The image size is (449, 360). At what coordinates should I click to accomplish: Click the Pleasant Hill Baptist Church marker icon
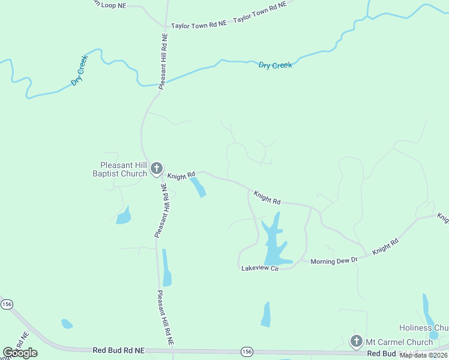point(157,169)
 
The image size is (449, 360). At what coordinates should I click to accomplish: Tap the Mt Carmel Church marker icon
point(356,342)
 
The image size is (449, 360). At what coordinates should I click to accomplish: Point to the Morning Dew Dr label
point(334,260)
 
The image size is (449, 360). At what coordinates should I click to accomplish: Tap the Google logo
point(20,353)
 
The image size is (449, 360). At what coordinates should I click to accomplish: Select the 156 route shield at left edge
point(7,305)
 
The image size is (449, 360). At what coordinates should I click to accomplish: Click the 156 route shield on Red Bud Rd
point(247,350)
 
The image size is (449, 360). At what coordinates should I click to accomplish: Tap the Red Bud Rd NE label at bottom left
point(119,350)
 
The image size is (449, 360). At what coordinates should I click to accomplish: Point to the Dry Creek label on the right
point(275,65)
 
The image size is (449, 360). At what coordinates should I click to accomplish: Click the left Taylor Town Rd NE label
point(199,25)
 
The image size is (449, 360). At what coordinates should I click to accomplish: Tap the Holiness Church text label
point(424,328)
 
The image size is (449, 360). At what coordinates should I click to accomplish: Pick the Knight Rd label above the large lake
point(267,197)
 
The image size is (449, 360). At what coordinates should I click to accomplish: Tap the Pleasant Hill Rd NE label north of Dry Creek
point(162,61)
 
